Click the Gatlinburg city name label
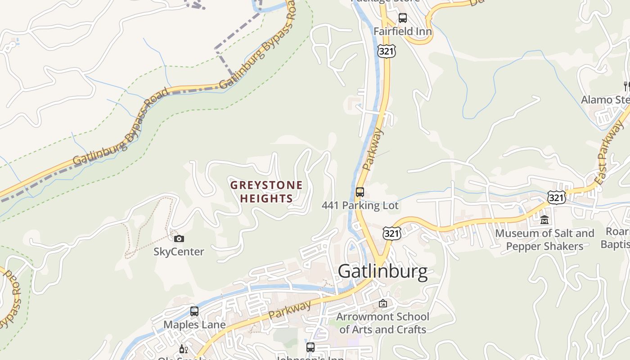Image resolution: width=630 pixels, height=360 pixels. click(x=382, y=271)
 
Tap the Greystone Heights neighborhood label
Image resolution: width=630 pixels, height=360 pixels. click(x=266, y=192)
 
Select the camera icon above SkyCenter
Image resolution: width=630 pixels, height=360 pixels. click(x=179, y=239)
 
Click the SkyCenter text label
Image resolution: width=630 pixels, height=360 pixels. click(x=179, y=252)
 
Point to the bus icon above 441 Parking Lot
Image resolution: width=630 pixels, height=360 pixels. click(x=360, y=192)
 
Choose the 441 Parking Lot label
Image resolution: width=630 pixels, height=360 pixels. click(x=360, y=206)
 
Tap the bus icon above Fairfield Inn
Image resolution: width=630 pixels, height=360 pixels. click(x=403, y=18)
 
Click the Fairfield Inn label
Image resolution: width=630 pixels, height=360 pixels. click(x=403, y=31)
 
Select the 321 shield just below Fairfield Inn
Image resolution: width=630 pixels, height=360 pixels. click(x=387, y=51)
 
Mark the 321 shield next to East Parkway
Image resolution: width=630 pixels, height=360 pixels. click(x=557, y=197)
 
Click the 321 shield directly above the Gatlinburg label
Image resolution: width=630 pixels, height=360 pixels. click(x=391, y=233)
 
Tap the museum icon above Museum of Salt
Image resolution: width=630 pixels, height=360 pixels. click(x=544, y=220)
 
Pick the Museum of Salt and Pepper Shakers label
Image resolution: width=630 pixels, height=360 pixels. click(x=544, y=240)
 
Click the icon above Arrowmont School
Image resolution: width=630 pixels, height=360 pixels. click(x=383, y=304)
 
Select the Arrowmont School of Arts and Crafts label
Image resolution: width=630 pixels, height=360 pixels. click(x=382, y=323)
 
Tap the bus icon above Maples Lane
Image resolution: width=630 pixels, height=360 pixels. click(x=194, y=311)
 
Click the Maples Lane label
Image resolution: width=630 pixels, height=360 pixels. click(x=194, y=324)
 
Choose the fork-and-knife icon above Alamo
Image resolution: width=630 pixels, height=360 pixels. click(x=626, y=85)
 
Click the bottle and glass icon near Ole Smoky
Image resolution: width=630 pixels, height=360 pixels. click(x=184, y=349)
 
